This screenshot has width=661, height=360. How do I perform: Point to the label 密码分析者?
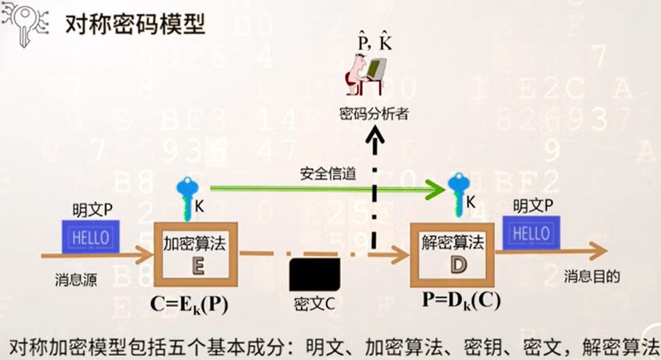(374, 114)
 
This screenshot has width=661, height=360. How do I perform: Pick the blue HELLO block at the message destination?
(531, 233)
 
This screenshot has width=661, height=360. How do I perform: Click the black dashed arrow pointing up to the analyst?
(375, 194)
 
